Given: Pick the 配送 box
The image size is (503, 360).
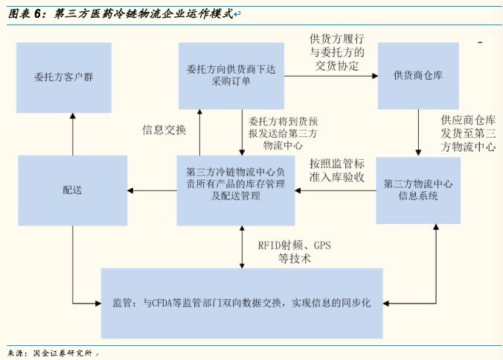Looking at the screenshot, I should pos(72,190).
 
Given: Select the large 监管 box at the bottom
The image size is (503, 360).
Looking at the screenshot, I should pos(242,303).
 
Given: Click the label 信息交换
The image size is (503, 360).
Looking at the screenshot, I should pos(164,129).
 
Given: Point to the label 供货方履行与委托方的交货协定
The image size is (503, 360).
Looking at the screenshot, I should pos(337,52).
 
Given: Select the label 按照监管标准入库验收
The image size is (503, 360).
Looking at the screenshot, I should pos(336,170).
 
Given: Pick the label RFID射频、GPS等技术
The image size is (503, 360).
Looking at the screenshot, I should pos(294,251).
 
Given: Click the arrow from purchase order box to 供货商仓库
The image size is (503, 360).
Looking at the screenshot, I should pos(331,77).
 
